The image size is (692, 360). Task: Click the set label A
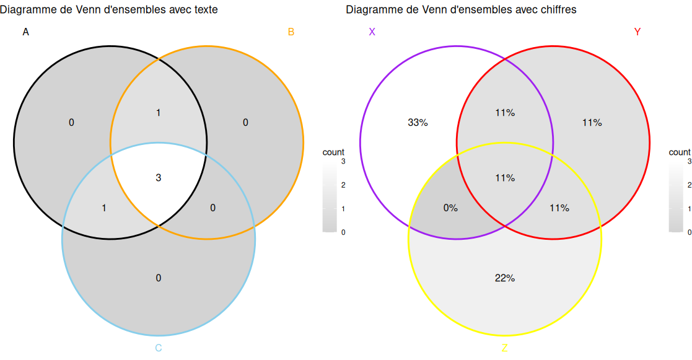(x=25, y=32)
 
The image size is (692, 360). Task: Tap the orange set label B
(x=291, y=32)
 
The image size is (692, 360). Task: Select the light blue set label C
(x=159, y=348)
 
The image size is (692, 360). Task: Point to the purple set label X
(x=372, y=32)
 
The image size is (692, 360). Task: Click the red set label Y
(x=637, y=32)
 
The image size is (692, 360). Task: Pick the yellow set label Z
(x=504, y=348)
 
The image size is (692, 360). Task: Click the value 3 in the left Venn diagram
(x=159, y=178)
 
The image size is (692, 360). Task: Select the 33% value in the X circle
(x=418, y=123)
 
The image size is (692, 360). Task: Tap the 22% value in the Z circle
(x=505, y=278)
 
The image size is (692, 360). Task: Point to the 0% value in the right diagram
(x=450, y=208)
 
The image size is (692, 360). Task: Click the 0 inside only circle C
(x=159, y=278)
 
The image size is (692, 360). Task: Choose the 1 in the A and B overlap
(x=159, y=113)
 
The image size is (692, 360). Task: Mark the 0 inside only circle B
(x=245, y=123)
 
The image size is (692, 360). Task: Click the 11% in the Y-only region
(x=592, y=123)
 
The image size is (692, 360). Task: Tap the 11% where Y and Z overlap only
(x=559, y=208)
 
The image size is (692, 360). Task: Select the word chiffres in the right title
(x=556, y=10)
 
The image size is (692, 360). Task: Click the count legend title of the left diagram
(x=333, y=152)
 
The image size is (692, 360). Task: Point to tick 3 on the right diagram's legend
(x=689, y=161)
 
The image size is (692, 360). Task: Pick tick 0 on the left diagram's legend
(x=343, y=232)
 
